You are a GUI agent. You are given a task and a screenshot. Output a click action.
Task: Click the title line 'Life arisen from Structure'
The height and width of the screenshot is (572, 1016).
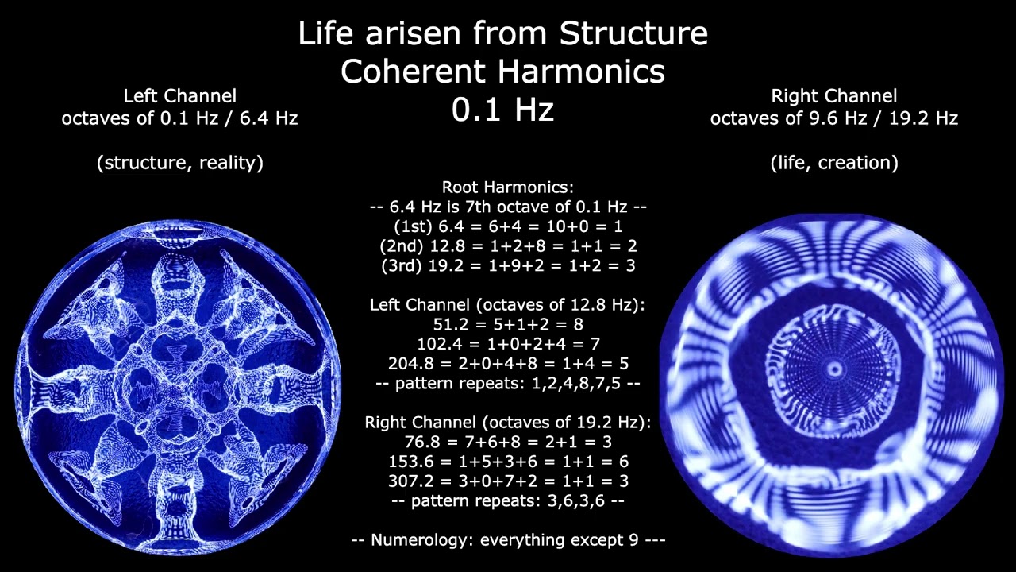click(x=502, y=33)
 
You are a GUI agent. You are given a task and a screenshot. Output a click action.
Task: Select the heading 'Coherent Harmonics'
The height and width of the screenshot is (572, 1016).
click(x=502, y=71)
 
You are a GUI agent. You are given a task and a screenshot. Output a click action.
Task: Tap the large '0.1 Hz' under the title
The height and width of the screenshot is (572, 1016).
click(x=502, y=110)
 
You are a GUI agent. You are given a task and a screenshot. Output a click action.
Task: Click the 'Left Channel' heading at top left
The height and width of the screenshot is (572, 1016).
click(x=179, y=96)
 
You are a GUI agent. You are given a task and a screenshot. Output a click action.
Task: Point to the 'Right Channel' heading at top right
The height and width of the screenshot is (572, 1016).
click(x=833, y=96)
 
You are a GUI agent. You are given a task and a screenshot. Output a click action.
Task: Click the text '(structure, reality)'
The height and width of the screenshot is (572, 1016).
click(x=179, y=163)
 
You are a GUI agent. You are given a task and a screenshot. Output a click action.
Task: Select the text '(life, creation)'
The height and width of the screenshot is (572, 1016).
click(x=833, y=163)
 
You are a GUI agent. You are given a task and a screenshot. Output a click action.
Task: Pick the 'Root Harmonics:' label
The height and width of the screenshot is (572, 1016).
click(x=508, y=187)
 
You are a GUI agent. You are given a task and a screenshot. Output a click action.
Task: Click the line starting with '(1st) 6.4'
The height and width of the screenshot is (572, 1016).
click(x=508, y=227)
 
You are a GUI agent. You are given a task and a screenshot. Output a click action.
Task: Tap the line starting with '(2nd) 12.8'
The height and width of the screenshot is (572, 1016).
click(x=508, y=246)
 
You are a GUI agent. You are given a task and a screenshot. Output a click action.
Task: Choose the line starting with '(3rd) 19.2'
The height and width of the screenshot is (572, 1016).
click(x=508, y=265)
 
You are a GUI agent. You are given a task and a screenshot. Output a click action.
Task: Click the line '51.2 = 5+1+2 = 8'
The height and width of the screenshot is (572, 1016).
click(x=508, y=324)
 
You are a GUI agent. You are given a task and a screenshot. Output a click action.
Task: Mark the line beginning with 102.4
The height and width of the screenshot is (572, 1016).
click(x=508, y=344)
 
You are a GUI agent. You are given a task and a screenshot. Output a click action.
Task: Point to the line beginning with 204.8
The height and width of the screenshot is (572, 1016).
click(x=508, y=364)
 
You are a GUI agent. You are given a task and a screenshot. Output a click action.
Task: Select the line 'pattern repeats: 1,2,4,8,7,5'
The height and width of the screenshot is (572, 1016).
click(x=508, y=383)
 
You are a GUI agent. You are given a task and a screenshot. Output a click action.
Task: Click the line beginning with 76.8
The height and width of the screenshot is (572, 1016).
click(x=508, y=442)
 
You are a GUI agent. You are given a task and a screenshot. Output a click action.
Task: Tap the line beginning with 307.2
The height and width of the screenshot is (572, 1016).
click(x=508, y=481)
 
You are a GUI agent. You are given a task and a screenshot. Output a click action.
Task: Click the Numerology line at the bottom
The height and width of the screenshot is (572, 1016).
click(x=508, y=540)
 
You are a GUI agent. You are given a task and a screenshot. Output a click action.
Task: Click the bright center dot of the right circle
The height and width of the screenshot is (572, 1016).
click(x=834, y=369)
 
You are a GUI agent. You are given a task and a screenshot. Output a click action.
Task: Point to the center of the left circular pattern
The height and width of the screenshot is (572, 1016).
click(x=179, y=387)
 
